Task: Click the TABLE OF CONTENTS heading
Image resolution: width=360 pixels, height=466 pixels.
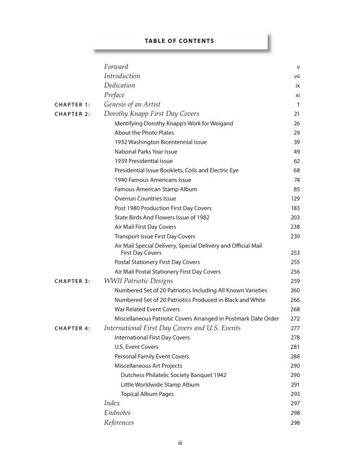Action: (179, 41)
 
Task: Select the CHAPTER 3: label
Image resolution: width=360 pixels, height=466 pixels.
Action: (73, 282)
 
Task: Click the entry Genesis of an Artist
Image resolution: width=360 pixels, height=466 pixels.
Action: (132, 104)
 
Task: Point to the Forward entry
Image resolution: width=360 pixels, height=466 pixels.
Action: (115, 67)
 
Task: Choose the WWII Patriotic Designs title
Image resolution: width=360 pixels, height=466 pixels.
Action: (138, 281)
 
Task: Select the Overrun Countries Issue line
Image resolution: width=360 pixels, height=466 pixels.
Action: (145, 199)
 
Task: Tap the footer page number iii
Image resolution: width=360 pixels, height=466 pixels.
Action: (180, 443)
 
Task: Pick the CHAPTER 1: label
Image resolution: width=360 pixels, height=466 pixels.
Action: (73, 105)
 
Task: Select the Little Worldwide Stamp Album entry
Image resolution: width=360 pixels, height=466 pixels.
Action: (160, 385)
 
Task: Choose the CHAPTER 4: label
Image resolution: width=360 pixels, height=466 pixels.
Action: (73, 329)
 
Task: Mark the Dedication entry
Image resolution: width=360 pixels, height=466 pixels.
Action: (119, 86)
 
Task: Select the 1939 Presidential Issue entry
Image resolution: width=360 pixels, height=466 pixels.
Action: (144, 161)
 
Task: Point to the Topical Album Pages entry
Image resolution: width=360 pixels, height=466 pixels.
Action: (147, 394)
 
